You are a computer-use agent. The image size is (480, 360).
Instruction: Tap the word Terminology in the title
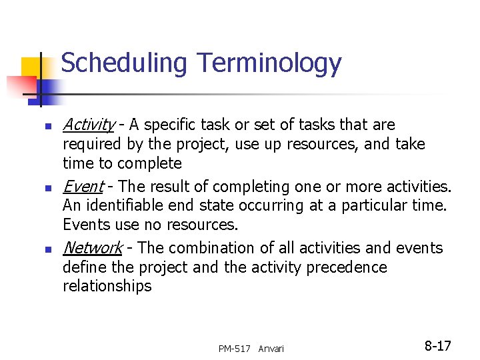click(269, 64)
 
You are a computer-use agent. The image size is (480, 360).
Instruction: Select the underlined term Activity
click(88, 125)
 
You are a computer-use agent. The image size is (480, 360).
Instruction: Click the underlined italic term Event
click(83, 186)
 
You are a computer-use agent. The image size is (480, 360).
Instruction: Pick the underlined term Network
click(92, 248)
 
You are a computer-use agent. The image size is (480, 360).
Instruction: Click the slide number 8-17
click(437, 346)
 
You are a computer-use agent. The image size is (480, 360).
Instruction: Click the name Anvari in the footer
click(271, 349)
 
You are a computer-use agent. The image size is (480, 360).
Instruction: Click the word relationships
click(107, 287)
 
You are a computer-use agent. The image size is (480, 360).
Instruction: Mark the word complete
click(151, 164)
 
